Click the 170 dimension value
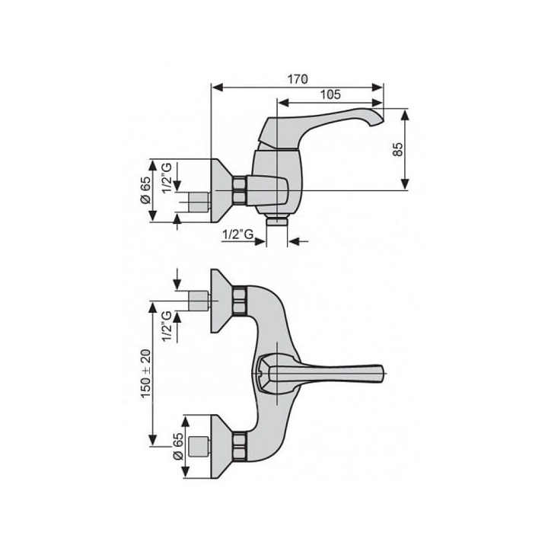tap(298, 79)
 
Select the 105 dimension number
tap(330, 94)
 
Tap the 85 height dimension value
tap(397, 150)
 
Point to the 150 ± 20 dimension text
tap(145, 373)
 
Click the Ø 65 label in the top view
tap(145, 190)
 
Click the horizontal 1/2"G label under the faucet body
tap(238, 234)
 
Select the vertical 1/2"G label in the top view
tap(167, 177)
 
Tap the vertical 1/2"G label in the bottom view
tap(167, 326)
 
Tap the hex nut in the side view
tap(240, 190)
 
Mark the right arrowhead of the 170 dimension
tap(378, 88)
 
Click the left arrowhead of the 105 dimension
tap(282, 103)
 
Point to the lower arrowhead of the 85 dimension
tap(405, 184)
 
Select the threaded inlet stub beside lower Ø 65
tap(199, 446)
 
